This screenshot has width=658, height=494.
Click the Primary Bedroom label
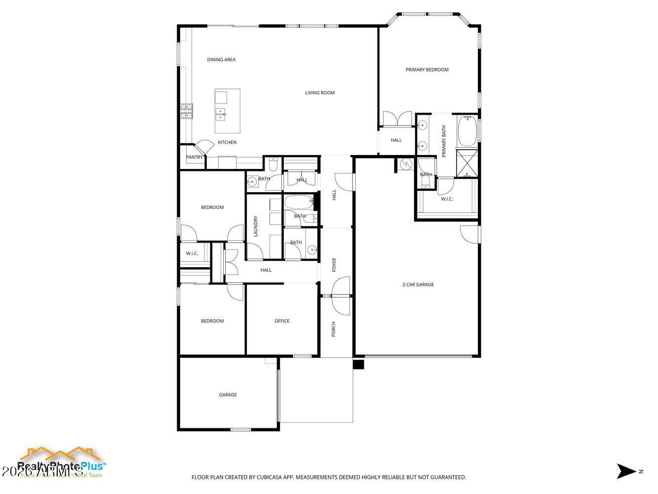(427, 70)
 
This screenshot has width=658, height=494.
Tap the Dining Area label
(221, 60)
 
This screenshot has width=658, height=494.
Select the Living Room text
(320, 93)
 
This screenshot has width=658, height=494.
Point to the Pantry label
(194, 158)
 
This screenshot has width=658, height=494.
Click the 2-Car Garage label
(418, 285)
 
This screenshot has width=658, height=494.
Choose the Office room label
(282, 321)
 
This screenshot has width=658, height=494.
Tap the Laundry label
(256, 226)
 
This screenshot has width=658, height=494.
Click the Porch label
(334, 329)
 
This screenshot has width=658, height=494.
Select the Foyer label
(334, 265)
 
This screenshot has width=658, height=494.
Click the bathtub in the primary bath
(467, 130)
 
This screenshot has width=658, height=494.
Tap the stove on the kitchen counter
(186, 112)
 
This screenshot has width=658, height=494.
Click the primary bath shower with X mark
(467, 163)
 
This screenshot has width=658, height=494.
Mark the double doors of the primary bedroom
(397, 119)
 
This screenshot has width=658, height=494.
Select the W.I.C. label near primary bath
(447, 199)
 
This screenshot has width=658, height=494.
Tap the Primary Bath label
(444, 141)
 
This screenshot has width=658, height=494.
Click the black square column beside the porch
(358, 365)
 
